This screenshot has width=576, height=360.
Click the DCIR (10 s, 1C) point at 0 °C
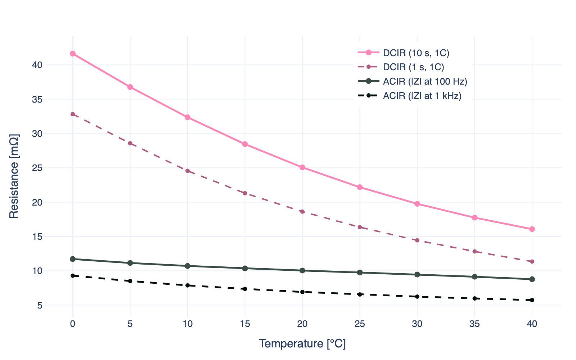coord(73,54)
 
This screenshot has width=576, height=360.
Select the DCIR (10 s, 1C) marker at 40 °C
coord(532,229)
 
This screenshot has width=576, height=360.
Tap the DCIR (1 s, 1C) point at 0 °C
coord(73,114)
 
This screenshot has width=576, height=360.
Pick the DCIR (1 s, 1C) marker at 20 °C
coord(302,212)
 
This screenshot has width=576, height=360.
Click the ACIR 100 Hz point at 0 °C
coord(73,259)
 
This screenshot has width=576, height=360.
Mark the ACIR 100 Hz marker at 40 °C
coord(532,279)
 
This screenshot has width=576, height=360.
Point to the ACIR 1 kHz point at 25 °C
coord(360,294)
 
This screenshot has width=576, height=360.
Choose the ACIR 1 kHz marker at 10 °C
coord(188,285)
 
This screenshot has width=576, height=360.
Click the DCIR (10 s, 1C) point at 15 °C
coord(245,144)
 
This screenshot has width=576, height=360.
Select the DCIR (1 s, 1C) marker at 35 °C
coord(474,251)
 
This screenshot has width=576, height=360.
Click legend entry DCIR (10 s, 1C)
coord(416,53)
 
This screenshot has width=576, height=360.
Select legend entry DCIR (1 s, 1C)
coord(413,67)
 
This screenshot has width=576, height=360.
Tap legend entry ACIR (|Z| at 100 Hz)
coord(425,81)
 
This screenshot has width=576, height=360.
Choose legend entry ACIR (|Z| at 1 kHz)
coord(422,96)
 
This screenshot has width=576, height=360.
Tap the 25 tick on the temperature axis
coord(360,324)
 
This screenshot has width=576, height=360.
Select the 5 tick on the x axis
coord(130,324)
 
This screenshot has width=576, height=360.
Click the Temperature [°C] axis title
coord(302,344)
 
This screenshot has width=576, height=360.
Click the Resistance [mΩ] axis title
coord(14,176)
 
